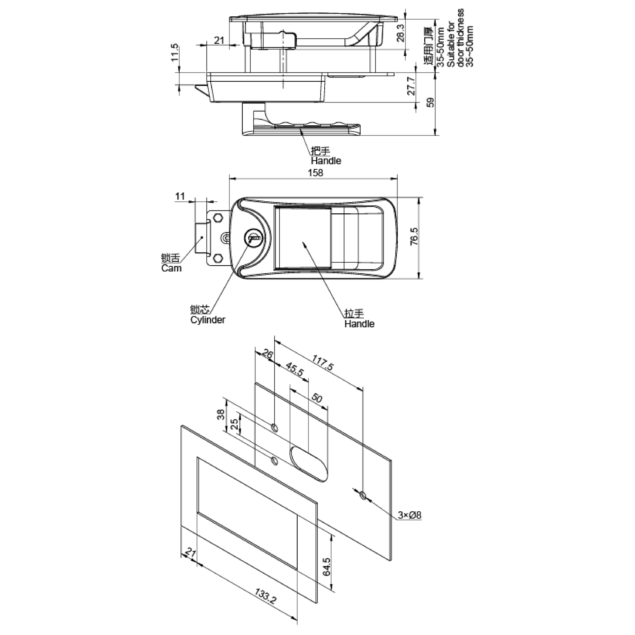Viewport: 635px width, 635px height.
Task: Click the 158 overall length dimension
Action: pyautogui.click(x=315, y=173)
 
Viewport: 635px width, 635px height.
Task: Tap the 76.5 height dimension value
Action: pyautogui.click(x=414, y=236)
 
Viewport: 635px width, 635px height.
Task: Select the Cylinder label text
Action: pyautogui.click(x=208, y=320)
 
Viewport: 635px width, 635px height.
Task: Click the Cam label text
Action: pyautogui.click(x=171, y=268)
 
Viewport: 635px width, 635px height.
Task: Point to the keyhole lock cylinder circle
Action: pyautogui.click(x=253, y=238)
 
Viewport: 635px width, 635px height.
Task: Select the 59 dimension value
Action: pyautogui.click(x=430, y=102)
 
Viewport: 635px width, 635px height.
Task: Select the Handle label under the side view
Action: pyautogui.click(x=326, y=161)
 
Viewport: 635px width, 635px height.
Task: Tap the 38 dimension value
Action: pyautogui.click(x=221, y=414)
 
